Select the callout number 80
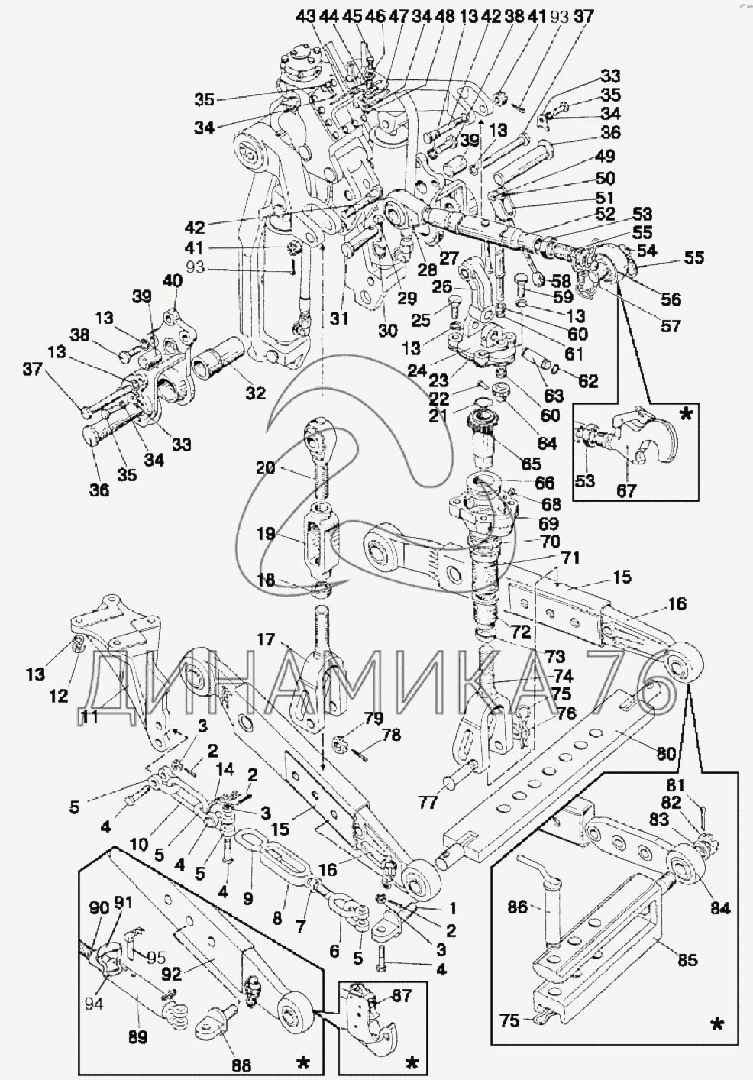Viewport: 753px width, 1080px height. tap(666, 755)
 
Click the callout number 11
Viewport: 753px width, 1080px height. tap(89, 715)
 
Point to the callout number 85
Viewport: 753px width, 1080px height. tap(688, 959)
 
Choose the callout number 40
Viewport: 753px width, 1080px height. tap(173, 280)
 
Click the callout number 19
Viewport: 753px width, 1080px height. tap(265, 534)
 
